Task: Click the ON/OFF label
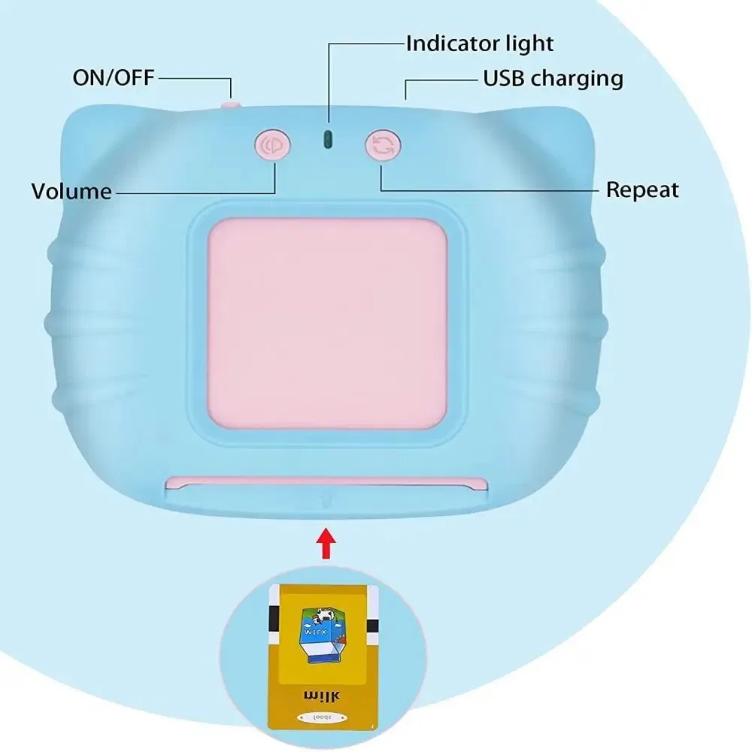click(113, 77)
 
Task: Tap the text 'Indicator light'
click(479, 43)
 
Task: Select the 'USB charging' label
click(553, 77)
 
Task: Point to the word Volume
click(71, 191)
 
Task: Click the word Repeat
click(642, 190)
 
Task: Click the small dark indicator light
click(327, 138)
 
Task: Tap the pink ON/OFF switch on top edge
click(230, 105)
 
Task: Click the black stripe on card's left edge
click(273, 617)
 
